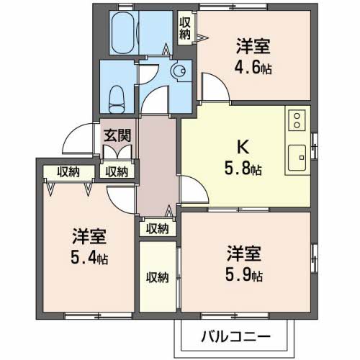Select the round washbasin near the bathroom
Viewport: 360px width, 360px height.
click(179, 71)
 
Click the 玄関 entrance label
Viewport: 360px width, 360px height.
click(116, 134)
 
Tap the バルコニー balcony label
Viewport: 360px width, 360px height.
click(235, 336)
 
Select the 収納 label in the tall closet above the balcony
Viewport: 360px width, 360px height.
click(157, 277)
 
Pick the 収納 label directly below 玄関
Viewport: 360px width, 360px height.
click(116, 171)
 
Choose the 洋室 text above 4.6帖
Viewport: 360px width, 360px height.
click(252, 48)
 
